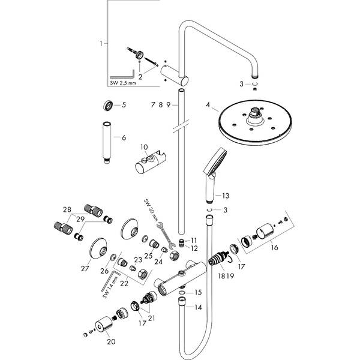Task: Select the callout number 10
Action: [x=143, y=146]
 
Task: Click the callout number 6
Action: [x=124, y=137]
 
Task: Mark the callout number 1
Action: [x=101, y=43]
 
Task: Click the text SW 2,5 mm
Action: [x=124, y=85]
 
